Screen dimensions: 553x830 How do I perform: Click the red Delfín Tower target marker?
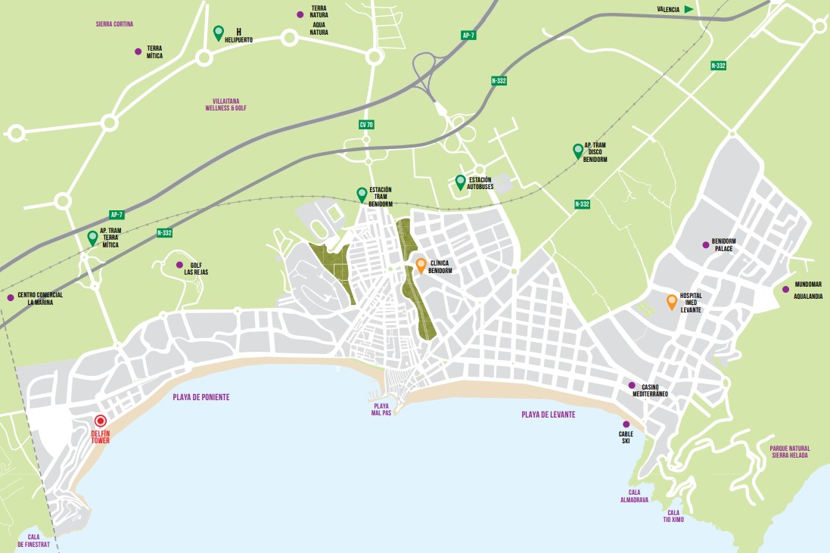click(100, 421)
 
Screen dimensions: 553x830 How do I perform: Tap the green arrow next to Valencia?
click(689, 9)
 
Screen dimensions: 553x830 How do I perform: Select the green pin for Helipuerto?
click(219, 33)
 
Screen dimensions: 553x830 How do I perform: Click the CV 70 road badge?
click(366, 124)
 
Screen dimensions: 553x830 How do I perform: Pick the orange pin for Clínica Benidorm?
click(421, 265)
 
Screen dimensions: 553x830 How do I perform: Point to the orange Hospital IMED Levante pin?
click(671, 301)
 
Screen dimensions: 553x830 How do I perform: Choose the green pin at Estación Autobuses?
click(460, 182)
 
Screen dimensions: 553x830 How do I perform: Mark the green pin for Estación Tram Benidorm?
click(362, 194)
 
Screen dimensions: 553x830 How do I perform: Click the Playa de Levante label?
click(548, 415)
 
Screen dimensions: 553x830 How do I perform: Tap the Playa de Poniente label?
click(201, 397)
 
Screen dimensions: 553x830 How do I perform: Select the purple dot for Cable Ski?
click(626, 424)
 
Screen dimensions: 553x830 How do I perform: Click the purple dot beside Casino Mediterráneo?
click(632, 385)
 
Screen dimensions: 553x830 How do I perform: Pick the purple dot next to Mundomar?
click(785, 288)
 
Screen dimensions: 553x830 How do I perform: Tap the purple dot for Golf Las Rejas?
click(179, 265)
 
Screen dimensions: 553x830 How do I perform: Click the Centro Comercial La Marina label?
click(40, 298)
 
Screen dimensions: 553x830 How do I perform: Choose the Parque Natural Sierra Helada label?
click(790, 452)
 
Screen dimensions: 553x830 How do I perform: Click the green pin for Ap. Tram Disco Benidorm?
click(578, 150)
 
